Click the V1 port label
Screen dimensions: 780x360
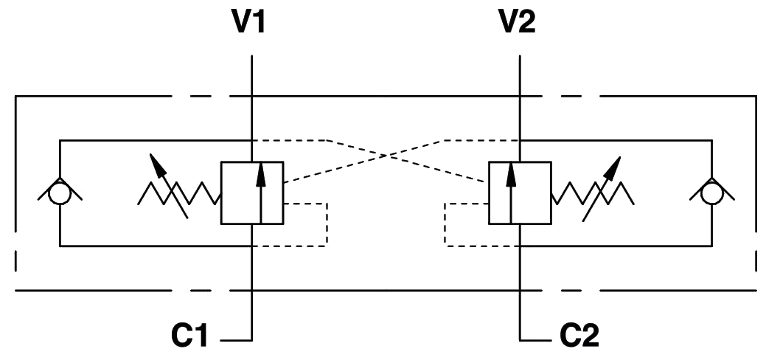[x=249, y=22]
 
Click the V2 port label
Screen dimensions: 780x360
[x=518, y=22]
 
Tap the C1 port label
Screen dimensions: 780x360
[x=189, y=336]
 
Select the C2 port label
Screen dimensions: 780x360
[x=579, y=336]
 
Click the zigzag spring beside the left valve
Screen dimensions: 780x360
[x=180, y=193]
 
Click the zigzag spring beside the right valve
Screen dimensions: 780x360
[x=592, y=193]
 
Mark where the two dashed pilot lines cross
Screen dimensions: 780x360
[x=386, y=156]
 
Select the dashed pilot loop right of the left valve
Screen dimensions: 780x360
[x=327, y=224]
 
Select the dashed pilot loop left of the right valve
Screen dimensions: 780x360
[x=445, y=224]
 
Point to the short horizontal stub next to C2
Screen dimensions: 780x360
[x=536, y=341]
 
